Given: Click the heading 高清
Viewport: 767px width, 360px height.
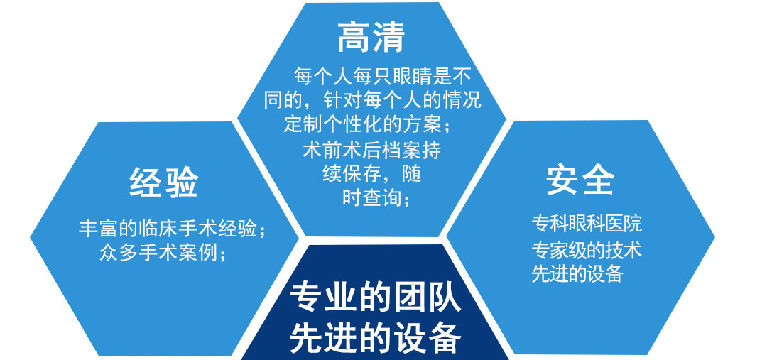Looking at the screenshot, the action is click(371, 38).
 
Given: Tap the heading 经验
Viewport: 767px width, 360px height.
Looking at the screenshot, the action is click(163, 182).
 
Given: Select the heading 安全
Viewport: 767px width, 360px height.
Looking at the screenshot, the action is click(580, 180).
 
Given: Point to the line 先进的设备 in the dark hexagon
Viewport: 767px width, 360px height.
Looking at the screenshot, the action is click(375, 337).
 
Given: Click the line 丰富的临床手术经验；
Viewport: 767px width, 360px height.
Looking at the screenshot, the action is click(173, 229).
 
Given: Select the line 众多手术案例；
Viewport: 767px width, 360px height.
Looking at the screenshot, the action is click(163, 252).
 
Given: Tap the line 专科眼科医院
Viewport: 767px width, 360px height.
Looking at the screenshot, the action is click(587, 224).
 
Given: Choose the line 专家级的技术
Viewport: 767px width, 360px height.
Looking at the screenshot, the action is click(587, 249).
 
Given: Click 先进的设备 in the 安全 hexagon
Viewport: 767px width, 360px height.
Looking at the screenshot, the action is click(577, 273).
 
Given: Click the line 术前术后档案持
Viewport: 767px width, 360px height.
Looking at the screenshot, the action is click(371, 149).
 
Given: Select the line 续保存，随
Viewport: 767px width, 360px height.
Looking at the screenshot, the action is click(371, 174).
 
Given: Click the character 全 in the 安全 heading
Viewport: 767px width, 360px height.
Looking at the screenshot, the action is click(598, 180).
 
